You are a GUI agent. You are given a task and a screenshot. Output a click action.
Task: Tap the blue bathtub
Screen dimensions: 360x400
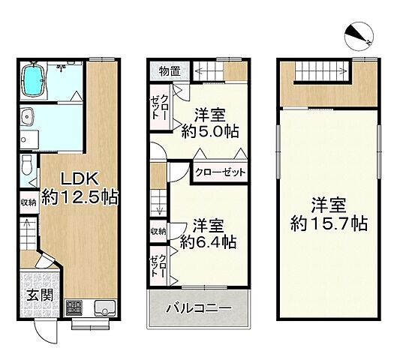coord(34,79)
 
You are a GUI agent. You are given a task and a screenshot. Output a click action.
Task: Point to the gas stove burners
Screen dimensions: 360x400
coord(76,307)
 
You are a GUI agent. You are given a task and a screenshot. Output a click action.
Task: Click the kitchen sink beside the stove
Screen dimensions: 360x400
coord(104,307)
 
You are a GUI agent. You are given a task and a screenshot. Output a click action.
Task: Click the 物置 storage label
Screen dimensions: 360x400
coord(169,71)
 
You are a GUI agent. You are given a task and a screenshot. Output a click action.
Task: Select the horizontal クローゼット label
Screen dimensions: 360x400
coord(221,172)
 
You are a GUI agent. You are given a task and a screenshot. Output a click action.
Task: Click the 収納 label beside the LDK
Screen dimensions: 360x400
coord(28,202)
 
